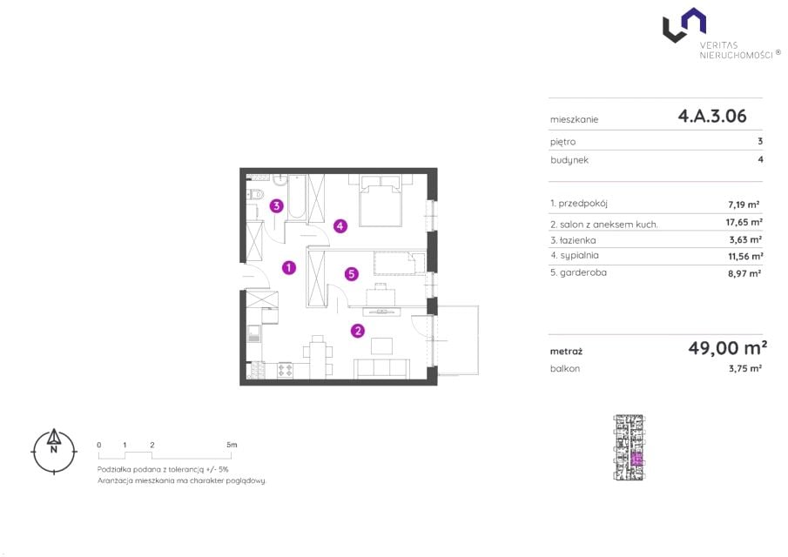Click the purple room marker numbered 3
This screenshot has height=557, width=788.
pyautogui.click(x=276, y=205)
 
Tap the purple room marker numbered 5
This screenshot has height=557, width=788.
pyautogui.click(x=351, y=274)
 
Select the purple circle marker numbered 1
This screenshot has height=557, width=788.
pyautogui.click(x=288, y=268)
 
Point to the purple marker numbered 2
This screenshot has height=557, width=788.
pyautogui.click(x=357, y=331)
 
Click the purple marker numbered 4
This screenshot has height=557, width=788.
pyautogui.click(x=340, y=226)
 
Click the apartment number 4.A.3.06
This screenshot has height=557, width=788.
pyautogui.click(x=712, y=116)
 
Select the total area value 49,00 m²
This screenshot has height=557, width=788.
pyautogui.click(x=727, y=347)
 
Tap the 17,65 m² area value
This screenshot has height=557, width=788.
pyautogui.click(x=744, y=222)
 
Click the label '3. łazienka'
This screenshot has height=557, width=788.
pyautogui.click(x=573, y=240)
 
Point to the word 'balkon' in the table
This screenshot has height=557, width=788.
pyautogui.click(x=565, y=368)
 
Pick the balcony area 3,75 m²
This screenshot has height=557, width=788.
pyautogui.click(x=744, y=368)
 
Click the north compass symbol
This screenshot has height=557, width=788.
pyautogui.click(x=54, y=451)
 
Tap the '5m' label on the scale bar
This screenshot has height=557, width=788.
pyautogui.click(x=231, y=445)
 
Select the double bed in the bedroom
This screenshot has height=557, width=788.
pyautogui.click(x=381, y=200)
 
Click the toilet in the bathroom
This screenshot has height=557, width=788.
pyautogui.click(x=255, y=194)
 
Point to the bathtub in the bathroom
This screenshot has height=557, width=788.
pyautogui.click(x=297, y=197)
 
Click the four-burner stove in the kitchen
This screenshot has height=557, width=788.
pyautogui.click(x=286, y=370)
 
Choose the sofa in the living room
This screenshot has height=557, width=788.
pyautogui.click(x=382, y=368)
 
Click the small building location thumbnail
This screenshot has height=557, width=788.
pyautogui.click(x=629, y=447)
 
